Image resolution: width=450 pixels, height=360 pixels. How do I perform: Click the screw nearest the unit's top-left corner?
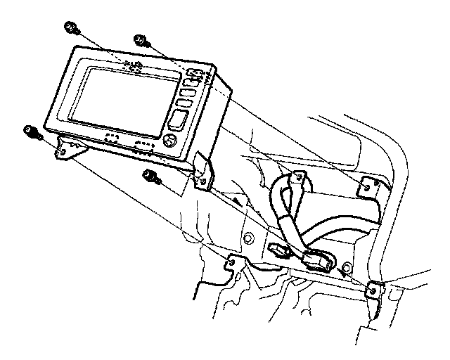(x=71, y=29)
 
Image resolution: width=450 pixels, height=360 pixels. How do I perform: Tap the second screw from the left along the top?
(x=141, y=40)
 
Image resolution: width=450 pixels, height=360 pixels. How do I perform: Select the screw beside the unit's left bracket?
(x=31, y=131)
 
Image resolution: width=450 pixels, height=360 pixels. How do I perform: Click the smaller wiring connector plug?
(x=277, y=250)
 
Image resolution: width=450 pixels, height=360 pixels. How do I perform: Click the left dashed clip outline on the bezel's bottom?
(x=110, y=137)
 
